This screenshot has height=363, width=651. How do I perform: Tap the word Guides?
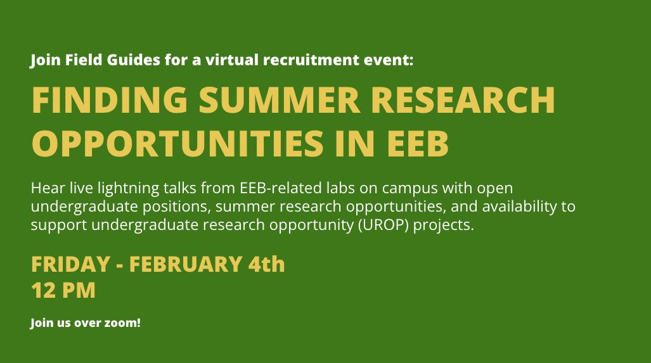(133, 60)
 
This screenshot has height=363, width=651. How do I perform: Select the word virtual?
(232, 60)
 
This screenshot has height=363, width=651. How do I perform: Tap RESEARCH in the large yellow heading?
(463, 99)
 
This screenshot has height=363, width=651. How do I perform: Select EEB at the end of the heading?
(418, 143)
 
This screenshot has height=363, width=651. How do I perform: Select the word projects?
(444, 226)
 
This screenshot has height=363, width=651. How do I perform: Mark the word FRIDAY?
(71, 264)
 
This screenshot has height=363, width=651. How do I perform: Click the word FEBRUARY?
(186, 264)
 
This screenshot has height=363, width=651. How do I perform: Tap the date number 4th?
(267, 264)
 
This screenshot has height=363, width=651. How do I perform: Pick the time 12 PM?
(63, 290)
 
